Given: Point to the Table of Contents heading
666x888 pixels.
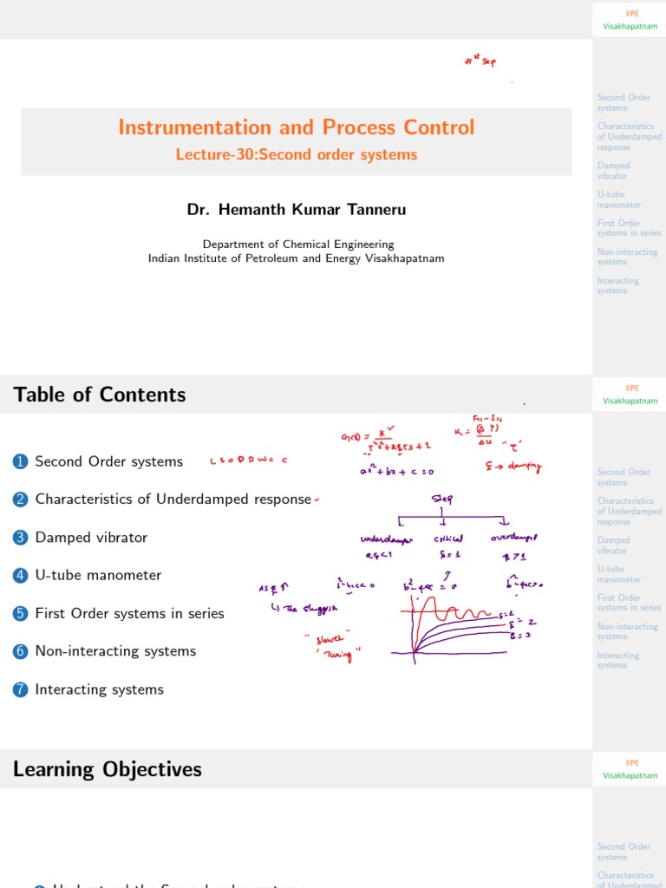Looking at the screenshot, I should coord(100,395).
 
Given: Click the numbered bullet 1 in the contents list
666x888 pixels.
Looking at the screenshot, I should coord(21,462).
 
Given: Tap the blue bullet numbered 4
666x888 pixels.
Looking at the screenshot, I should coord(21,576).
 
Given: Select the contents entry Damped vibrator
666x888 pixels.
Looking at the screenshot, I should coord(91,538).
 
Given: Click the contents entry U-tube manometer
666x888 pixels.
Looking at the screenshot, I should coord(98,575).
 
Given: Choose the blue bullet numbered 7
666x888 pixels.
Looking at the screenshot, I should coord(21,690).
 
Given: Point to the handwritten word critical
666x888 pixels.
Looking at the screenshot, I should coord(450,539).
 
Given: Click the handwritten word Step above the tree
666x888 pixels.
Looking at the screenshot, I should coord(442,499).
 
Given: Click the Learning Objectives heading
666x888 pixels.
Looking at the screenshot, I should coord(108,769).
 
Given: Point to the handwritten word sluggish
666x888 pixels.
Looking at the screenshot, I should coord(298,609).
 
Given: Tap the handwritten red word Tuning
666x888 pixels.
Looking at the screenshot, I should coord(338,656).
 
